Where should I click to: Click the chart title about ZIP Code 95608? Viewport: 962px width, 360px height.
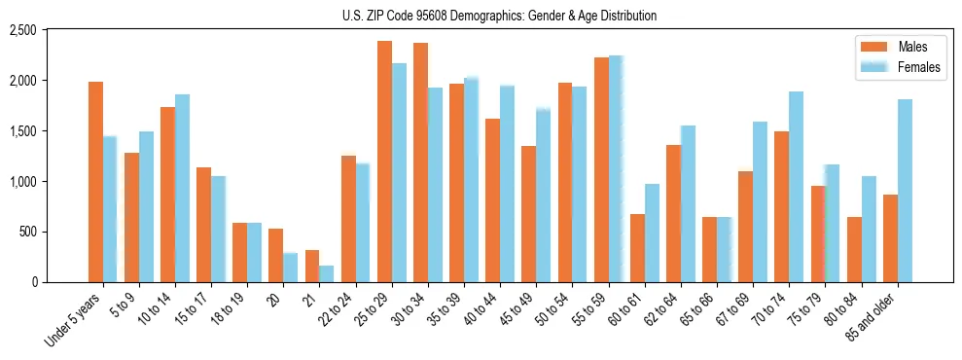pyautogui.click(x=499, y=16)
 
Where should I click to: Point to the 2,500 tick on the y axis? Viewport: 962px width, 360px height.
pyautogui.click(x=22, y=30)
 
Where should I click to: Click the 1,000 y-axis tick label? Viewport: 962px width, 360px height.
pyautogui.click(x=22, y=182)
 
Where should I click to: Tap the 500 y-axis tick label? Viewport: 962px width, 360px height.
pyautogui.click(x=28, y=233)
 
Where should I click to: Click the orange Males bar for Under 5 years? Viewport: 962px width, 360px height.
pyautogui.click(x=95, y=182)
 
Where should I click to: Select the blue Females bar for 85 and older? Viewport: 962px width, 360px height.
pyautogui.click(x=905, y=191)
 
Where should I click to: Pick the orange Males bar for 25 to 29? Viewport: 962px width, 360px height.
pyautogui.click(x=384, y=162)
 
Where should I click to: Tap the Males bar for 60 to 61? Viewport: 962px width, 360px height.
pyautogui.click(x=637, y=248)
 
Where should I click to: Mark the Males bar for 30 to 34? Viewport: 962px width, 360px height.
pyautogui.click(x=420, y=162)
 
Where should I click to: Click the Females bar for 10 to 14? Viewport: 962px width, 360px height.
pyautogui.click(x=182, y=188)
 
